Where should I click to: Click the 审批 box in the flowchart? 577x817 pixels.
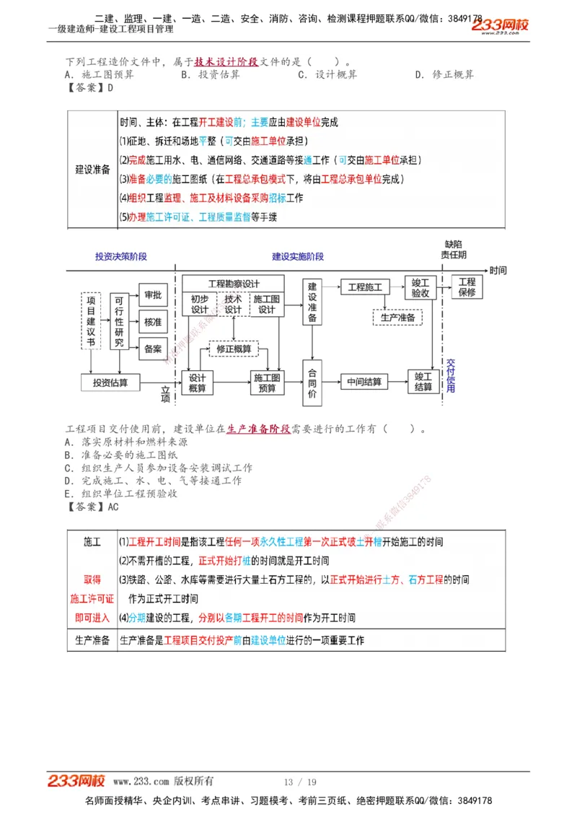click(x=153, y=295)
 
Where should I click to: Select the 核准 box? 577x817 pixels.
click(x=153, y=322)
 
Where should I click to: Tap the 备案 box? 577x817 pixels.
click(x=153, y=349)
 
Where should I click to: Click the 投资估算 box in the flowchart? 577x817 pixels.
click(x=110, y=383)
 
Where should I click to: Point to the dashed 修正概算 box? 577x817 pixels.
click(x=234, y=349)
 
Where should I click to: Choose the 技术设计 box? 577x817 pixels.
click(x=233, y=305)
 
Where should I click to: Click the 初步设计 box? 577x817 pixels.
click(x=200, y=305)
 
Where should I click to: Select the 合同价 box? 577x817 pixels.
click(x=312, y=383)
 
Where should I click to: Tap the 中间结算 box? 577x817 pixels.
click(x=364, y=382)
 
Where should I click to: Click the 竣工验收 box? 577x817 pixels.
click(x=420, y=288)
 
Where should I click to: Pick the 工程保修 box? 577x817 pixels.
click(x=467, y=287)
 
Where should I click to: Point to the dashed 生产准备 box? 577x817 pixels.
click(x=397, y=318)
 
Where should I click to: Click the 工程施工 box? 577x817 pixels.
click(x=365, y=287)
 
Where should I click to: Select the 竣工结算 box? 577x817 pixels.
click(x=423, y=382)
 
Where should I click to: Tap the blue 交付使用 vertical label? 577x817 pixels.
click(x=451, y=375)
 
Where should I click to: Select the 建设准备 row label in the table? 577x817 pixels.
click(x=92, y=170)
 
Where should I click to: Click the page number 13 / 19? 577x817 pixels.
click(x=300, y=782)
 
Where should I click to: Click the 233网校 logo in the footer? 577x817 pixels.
click(x=76, y=781)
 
